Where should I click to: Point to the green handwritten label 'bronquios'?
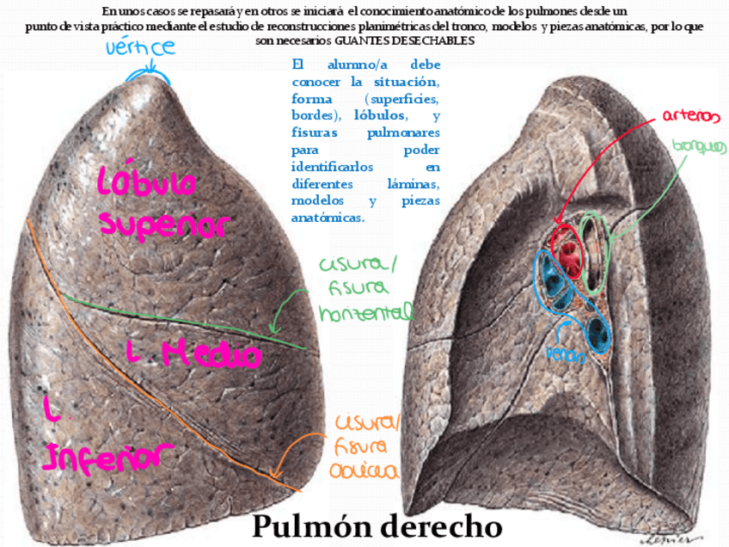(x=699, y=147)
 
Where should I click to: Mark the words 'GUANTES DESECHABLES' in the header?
(x=404, y=41)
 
